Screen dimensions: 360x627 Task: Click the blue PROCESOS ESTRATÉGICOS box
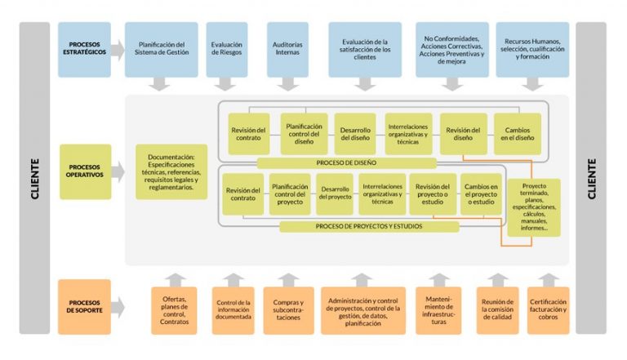[84, 49]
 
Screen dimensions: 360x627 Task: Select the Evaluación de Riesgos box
[226, 49]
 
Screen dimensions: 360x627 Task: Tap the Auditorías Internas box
[287, 49]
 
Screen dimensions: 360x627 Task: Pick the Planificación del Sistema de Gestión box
[162, 49]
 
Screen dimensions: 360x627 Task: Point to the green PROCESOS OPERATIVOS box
[84, 172]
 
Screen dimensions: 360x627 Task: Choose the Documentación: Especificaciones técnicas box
[171, 172]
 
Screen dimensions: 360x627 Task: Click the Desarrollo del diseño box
[355, 133]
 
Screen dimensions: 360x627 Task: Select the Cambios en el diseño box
[517, 133]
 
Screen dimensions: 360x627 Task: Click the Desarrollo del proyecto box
[334, 193]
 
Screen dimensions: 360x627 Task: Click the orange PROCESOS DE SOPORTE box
[84, 306]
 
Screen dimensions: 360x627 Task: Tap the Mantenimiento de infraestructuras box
[438, 311]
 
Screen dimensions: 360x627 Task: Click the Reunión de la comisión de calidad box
[497, 311]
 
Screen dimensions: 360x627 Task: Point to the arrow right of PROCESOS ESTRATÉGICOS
[118, 50]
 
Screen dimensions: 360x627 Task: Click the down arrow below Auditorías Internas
[287, 83]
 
